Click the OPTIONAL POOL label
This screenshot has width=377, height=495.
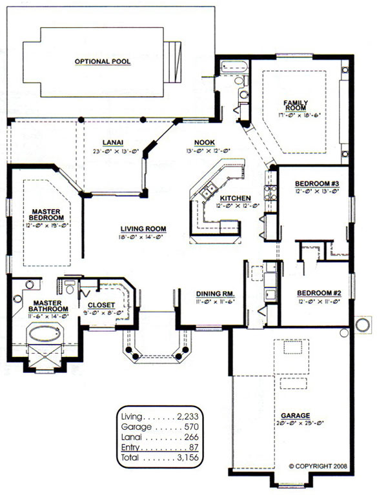pos(103,61)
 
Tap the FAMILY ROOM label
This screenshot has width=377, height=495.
pos(296,105)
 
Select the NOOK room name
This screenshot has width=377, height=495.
pos(204,143)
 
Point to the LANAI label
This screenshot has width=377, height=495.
pos(113,143)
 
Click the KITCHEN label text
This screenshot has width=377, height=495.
pos(235,198)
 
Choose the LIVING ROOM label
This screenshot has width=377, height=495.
pos(143,229)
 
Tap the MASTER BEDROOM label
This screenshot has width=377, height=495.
pos(46,215)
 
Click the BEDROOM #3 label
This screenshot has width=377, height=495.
pos(317,184)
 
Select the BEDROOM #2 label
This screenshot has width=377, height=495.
pos(319,293)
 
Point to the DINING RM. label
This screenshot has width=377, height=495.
pos(216,294)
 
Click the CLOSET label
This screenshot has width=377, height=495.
pos(101,305)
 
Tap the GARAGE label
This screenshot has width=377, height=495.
pos(296,416)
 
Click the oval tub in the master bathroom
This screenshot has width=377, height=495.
pos(45,334)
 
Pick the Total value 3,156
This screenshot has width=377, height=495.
pos(188,458)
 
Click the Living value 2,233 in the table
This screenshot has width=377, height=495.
pos(188,417)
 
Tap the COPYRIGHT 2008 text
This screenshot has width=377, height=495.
pos(318,466)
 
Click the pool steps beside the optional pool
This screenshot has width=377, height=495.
pos(173,61)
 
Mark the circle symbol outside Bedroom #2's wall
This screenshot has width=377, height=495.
pos(363,325)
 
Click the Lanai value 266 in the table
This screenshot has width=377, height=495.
pos(191,437)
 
